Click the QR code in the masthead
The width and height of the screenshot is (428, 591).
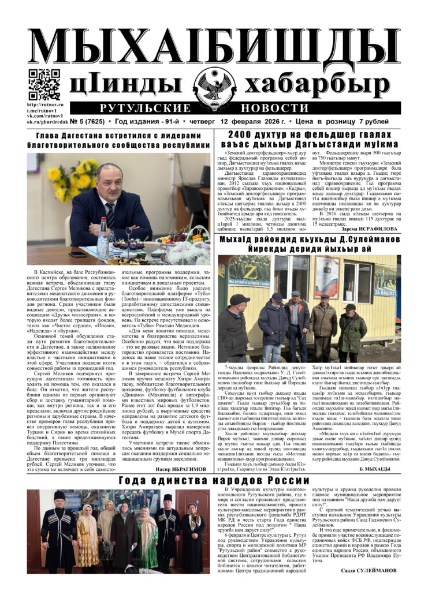[44, 84]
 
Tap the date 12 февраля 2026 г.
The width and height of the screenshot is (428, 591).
[260, 122]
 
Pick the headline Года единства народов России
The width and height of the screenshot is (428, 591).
[214, 481]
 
